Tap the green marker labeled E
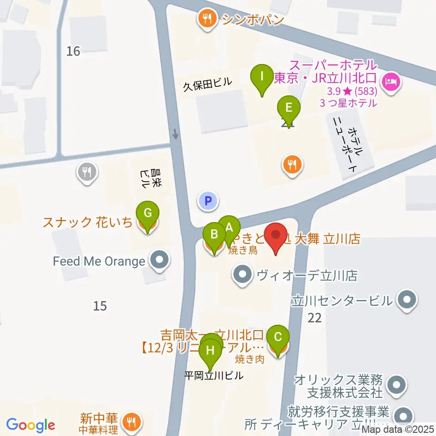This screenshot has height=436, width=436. [289, 109]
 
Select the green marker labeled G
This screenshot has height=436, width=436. [148, 213]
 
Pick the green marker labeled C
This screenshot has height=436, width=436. [278, 337]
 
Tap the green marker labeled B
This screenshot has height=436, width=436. [214, 235]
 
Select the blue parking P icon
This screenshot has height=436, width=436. [208, 200]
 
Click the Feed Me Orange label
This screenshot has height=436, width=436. [99, 262]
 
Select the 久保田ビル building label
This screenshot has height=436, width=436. [207, 84]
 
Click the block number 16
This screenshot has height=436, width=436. [73, 51]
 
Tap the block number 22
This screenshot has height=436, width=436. [314, 318]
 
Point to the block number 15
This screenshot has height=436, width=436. [100, 306]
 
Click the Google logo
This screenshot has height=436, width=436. [30, 425]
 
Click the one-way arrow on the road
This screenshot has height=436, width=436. [176, 134]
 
